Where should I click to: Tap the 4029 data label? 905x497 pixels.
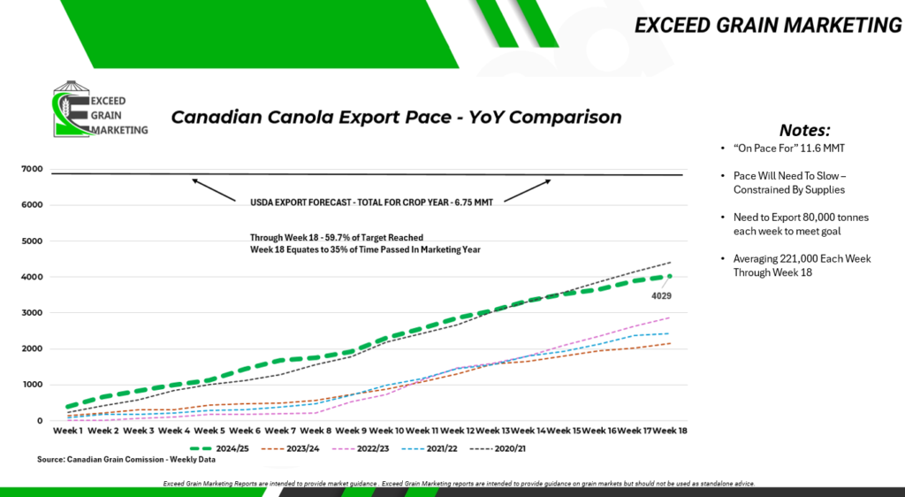pos(661,296)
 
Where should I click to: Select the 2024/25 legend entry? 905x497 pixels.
pos(219,448)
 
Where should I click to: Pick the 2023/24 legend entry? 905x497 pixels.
pos(290,448)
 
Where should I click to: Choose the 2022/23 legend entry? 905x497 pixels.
pos(361,448)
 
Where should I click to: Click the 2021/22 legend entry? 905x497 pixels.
pos(430,448)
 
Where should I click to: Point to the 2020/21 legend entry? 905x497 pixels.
pos(498,448)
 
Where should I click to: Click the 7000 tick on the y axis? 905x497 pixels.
pos(33,169)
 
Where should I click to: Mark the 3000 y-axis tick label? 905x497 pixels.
pos(33,313)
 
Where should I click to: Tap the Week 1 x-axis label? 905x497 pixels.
pos(67,431)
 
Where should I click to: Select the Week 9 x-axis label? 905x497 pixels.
pos(350,431)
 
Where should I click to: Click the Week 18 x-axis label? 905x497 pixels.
pos(670,431)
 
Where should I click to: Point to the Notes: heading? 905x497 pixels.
pos(804,130)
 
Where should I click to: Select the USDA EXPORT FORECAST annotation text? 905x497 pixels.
pos(371,203)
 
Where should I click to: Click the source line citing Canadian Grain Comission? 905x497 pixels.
pos(126,460)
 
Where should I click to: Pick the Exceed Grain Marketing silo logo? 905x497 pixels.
pos(100,109)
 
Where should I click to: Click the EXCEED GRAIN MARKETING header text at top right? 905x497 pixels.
pos(768,26)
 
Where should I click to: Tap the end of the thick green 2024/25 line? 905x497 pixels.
pos(670,277)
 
